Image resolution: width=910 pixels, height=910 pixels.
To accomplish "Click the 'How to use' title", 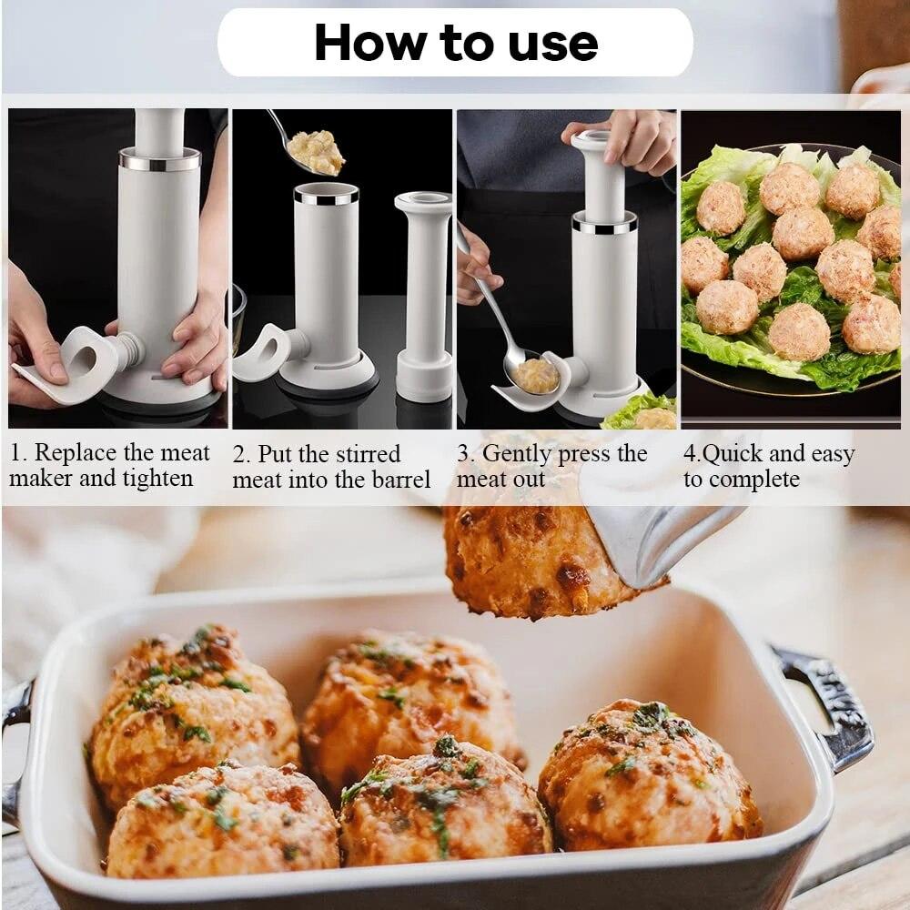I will coord(455,43).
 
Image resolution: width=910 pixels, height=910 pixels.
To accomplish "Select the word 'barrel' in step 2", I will coord(399,480).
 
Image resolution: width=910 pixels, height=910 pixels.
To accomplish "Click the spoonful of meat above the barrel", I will coord(316,151).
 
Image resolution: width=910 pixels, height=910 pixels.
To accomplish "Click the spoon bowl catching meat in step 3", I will coord(534,374).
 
